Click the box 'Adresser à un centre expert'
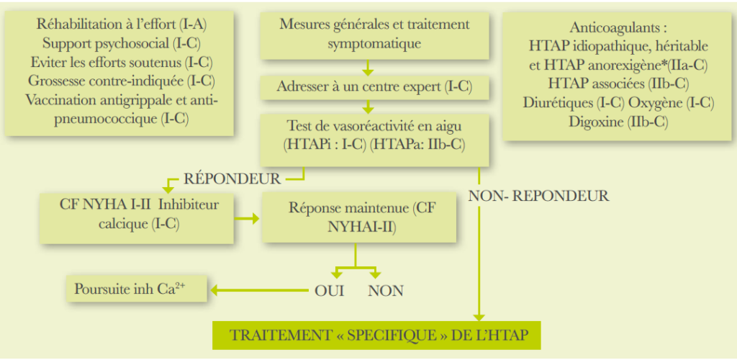[x=374, y=88]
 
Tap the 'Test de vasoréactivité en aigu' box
[x=374, y=135]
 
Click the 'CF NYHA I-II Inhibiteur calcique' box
[x=139, y=214]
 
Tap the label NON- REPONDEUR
[x=538, y=195]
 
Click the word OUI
[x=330, y=291]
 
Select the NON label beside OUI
[x=385, y=291]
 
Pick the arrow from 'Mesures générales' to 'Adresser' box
[x=368, y=68]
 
